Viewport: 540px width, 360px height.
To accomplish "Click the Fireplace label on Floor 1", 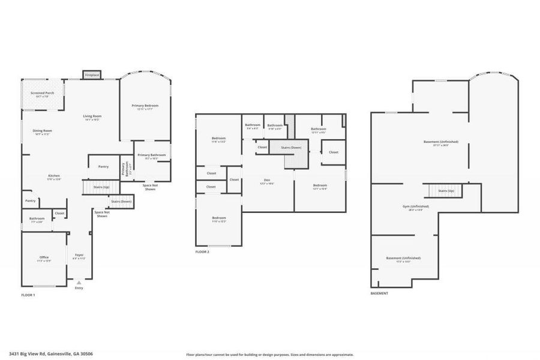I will (92, 75).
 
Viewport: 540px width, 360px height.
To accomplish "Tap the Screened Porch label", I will (43, 93).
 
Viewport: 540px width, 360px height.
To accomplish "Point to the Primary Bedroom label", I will (145, 106).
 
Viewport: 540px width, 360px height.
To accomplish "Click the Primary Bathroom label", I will (151, 155).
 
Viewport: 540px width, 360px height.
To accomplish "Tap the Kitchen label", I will (54, 176).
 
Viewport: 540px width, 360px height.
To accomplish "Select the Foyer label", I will (79, 255).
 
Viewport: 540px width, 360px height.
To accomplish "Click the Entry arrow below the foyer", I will (79, 282).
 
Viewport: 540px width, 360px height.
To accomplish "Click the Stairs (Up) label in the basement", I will (446, 191).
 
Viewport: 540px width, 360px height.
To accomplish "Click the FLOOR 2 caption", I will (202, 252).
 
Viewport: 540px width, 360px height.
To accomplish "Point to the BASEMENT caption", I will (379, 293).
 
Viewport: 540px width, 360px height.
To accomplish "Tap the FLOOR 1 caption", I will (28, 295).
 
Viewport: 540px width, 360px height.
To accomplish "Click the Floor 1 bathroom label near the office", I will (37, 218).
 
